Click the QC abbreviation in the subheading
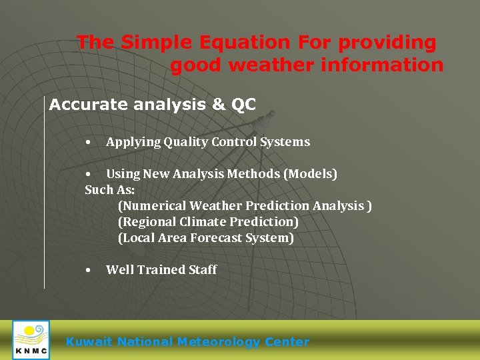tap(243, 105)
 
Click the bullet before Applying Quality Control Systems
tap(88, 142)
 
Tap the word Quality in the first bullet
tap(186, 142)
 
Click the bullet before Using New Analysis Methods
tap(88, 174)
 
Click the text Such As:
tap(110, 190)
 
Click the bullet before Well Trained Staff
tap(88, 270)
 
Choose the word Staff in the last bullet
tap(203, 270)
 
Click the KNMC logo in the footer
tap(31, 340)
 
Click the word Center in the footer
tap(287, 342)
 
